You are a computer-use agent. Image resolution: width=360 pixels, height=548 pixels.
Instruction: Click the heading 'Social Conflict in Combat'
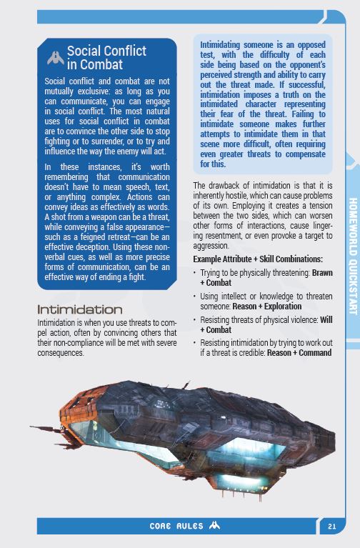(106, 58)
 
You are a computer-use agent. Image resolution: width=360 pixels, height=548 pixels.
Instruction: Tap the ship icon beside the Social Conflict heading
(54, 57)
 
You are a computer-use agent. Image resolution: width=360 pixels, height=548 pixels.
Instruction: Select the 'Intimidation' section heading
(79, 309)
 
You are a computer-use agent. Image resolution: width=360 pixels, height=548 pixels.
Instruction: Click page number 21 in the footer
(331, 527)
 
